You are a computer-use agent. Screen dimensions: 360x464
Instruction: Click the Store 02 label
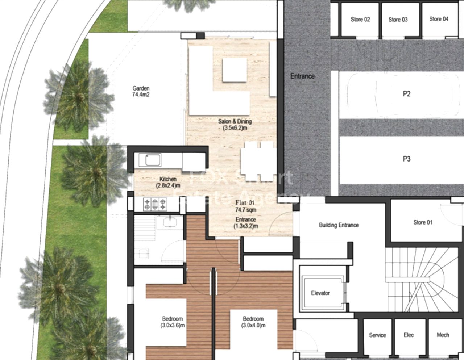[360, 20]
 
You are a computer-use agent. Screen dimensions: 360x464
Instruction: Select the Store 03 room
[398, 20]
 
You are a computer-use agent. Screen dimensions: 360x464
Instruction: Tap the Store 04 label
[439, 19]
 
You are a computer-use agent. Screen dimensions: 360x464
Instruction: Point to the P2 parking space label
[406, 94]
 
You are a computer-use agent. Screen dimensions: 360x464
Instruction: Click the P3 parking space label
[406, 159]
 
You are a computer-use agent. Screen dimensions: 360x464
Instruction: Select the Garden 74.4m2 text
[141, 92]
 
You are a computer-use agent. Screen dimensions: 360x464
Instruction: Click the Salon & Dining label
[235, 125]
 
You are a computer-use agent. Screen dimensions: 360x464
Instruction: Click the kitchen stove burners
[156, 204]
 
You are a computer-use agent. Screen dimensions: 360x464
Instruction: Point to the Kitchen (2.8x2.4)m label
[168, 182]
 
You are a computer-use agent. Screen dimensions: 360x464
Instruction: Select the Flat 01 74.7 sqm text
[246, 206]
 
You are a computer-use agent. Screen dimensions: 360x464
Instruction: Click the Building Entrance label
[339, 225]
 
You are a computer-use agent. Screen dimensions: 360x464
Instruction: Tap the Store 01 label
[423, 222]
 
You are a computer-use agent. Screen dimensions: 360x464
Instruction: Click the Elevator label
[320, 293]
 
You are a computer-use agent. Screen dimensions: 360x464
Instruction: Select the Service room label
[377, 335]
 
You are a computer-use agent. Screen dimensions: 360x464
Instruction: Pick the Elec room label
[409, 335]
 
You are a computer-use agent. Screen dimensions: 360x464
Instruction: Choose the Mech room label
[443, 335]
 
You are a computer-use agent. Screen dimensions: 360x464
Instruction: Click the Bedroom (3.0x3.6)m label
[173, 322]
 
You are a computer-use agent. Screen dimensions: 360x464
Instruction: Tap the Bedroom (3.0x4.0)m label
[253, 322]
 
